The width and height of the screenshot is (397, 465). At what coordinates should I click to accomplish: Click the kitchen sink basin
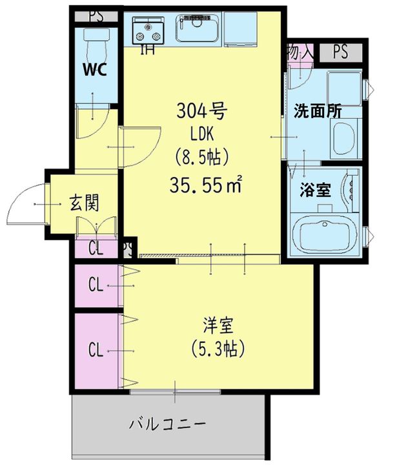click(198, 28)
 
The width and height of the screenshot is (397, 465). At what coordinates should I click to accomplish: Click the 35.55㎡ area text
click(206, 186)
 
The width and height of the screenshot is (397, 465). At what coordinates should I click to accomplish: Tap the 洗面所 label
click(318, 110)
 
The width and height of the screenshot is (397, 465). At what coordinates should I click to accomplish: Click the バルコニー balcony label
click(167, 424)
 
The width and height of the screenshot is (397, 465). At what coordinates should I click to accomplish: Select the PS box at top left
click(96, 15)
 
